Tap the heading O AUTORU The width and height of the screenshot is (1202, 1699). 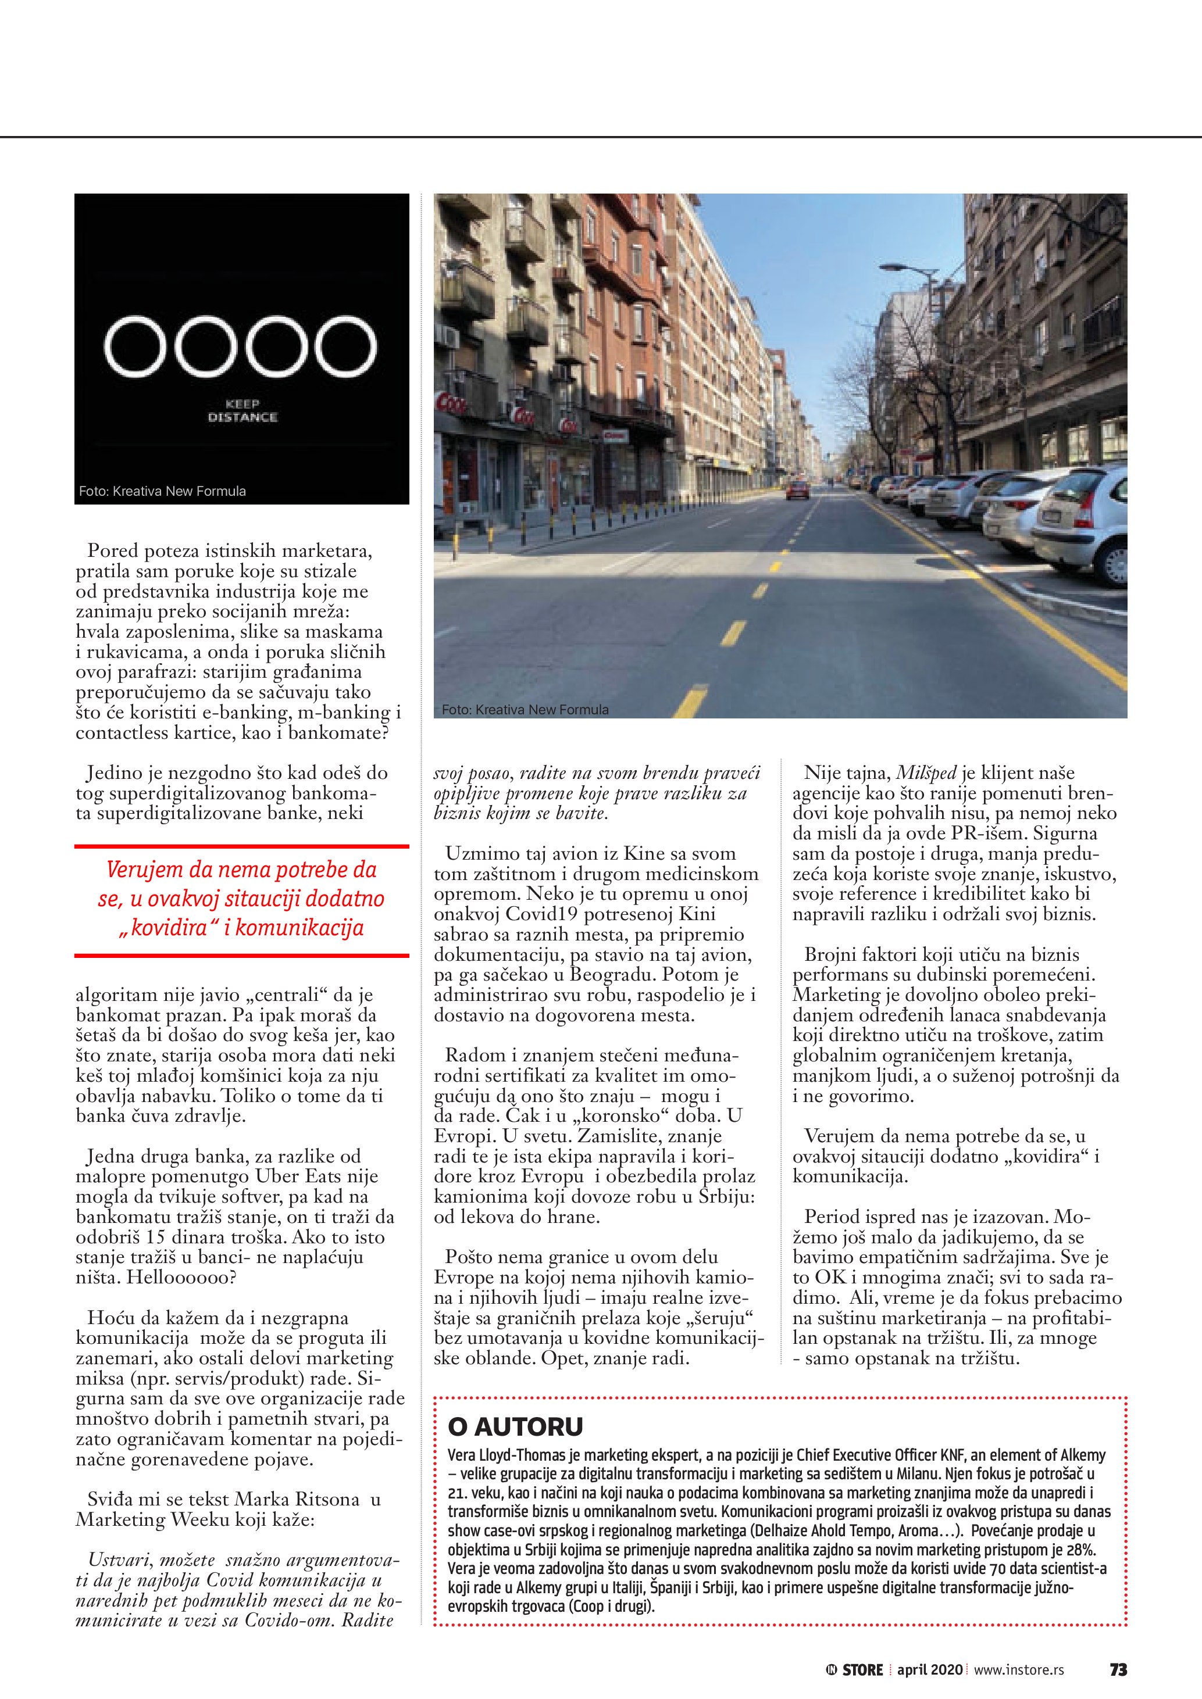(515, 1426)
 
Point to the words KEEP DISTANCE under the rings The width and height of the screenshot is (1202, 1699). (242, 411)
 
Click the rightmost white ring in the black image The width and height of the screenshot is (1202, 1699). (347, 346)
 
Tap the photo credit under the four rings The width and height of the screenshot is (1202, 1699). (162, 491)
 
